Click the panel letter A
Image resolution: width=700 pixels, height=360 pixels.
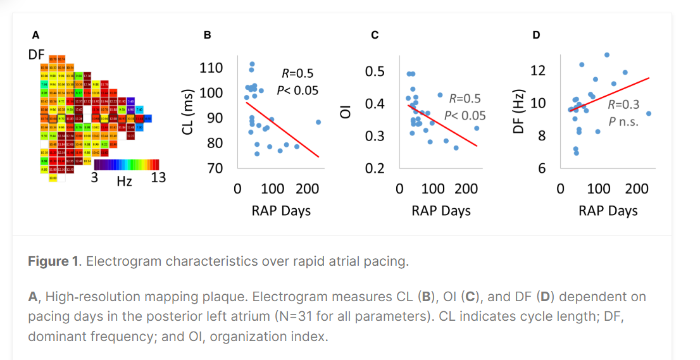[36, 35]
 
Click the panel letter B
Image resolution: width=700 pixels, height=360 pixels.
[208, 35]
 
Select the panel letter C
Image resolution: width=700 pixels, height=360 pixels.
[375, 35]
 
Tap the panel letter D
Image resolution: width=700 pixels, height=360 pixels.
[537, 35]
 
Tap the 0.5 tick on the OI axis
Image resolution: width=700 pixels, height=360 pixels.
[375, 71]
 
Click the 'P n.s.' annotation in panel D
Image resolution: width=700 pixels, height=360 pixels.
[623, 122]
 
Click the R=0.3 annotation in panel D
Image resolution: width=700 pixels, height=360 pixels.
[623, 104]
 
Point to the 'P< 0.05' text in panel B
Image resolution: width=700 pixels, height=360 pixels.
[297, 90]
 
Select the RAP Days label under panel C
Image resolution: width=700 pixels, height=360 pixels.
[441, 211]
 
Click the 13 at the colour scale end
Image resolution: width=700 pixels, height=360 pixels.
[158, 178]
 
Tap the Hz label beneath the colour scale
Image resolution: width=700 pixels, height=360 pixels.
[125, 182]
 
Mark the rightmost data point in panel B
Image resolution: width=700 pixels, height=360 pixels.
[318, 122]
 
